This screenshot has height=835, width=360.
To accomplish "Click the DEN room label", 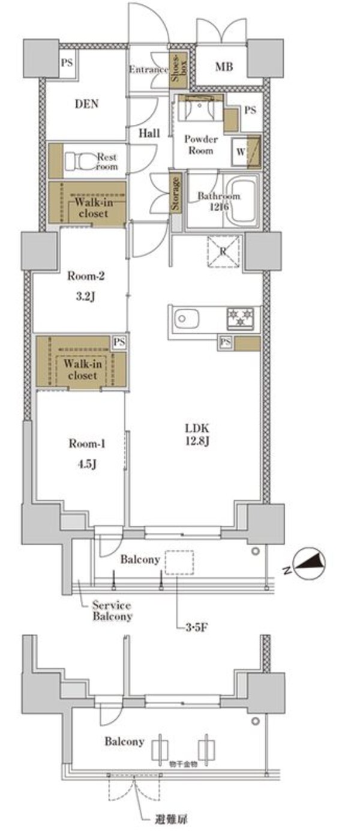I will click(x=86, y=104).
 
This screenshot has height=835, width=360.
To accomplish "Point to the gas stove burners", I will click(x=242, y=318).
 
